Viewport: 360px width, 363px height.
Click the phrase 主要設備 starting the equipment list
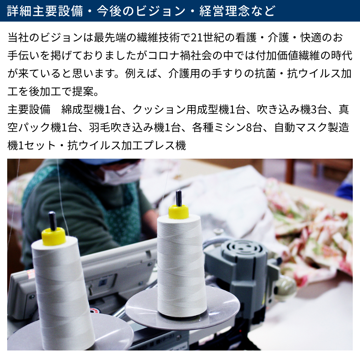tap(29, 109)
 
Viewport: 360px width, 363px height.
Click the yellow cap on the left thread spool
tap(54, 236)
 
